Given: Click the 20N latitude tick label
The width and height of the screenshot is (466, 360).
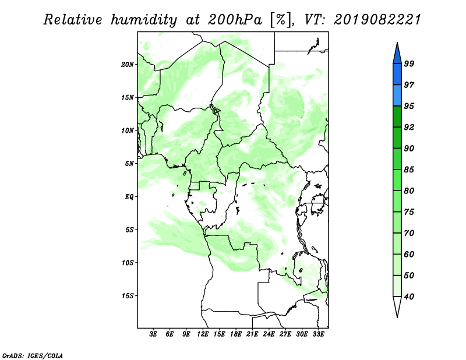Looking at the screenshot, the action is pos(128,65).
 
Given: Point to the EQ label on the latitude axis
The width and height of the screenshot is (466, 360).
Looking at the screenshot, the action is pos(129,197).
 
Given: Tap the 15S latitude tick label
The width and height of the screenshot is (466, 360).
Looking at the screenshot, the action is pos(128,296).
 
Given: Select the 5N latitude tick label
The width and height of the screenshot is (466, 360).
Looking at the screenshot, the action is pos(129,164).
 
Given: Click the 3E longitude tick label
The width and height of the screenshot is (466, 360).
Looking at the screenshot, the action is pos(153,334).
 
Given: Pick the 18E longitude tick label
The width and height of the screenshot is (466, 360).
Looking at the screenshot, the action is pos(236,334).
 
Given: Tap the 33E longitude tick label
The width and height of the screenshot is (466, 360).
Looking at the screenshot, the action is pos(318,334).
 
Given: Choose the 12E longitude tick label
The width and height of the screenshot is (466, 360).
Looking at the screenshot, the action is pos(203,334).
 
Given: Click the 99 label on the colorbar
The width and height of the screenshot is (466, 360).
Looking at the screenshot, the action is pos(409,63).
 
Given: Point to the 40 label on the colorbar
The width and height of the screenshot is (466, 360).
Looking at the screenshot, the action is pos(409,297).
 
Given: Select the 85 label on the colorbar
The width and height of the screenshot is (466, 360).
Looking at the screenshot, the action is pos(409,170).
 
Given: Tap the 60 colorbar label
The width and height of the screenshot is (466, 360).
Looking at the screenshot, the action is pos(409,254).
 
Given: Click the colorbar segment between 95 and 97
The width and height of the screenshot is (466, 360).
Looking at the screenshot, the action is pos(397,96).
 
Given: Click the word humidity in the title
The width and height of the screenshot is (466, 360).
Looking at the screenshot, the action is pos(144,20).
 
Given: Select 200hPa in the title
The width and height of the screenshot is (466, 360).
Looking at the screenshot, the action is pos(235,20).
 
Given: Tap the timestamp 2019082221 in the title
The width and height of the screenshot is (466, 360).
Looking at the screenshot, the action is pos(377,20).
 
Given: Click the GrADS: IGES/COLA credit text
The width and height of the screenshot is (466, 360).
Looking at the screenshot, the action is pos(33,355).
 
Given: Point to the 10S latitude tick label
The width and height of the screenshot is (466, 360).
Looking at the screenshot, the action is pos(128,263).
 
